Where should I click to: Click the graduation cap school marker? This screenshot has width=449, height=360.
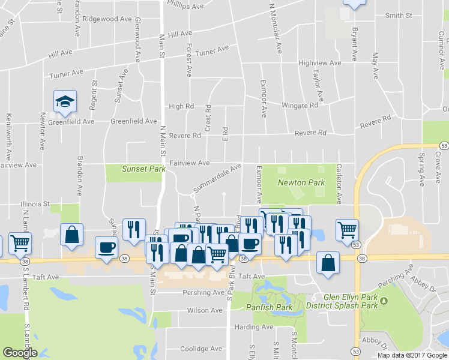[65, 101]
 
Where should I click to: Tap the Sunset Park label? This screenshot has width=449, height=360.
[144, 169]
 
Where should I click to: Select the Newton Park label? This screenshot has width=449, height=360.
[301, 182]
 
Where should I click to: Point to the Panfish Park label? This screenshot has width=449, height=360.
[269, 307]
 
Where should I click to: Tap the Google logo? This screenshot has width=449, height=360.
[19, 353]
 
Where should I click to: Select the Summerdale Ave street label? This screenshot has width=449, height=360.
[217, 179]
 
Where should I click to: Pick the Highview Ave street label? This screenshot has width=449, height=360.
[319, 63]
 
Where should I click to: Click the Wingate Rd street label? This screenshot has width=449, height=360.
[300, 106]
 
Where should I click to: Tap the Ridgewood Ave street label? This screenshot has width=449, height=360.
[107, 19]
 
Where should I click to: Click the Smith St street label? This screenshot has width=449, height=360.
[399, 15]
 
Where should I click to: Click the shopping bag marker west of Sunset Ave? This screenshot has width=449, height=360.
[71, 235]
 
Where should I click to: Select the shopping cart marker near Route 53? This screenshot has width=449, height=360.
[347, 229]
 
